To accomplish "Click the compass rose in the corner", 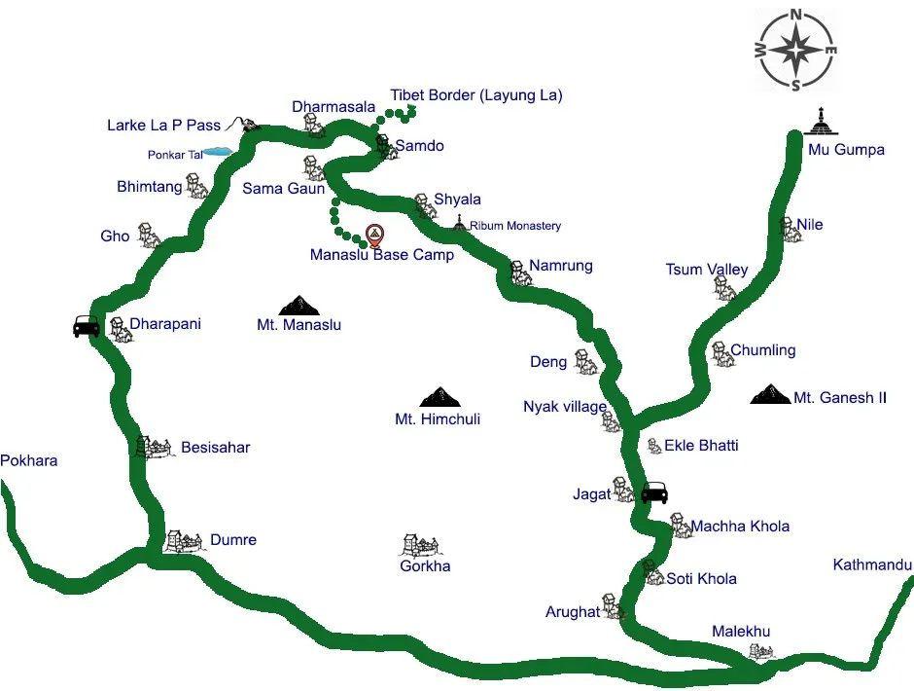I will pyautogui.click(x=796, y=49).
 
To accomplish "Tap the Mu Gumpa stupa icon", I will pyautogui.click(x=823, y=122).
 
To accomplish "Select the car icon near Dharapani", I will pyautogui.click(x=87, y=326).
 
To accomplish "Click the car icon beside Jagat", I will pyautogui.click(x=654, y=492).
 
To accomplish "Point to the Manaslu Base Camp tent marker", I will pyautogui.click(x=374, y=235).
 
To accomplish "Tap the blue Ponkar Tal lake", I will pyautogui.click(x=216, y=152).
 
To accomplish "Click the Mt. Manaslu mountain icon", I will pyautogui.click(x=298, y=305).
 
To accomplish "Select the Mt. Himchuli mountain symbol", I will pyautogui.click(x=439, y=396).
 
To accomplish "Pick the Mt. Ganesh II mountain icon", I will pyautogui.click(x=771, y=394).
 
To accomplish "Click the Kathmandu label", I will pyautogui.click(x=872, y=565).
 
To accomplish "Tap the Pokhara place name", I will pyautogui.click(x=29, y=460).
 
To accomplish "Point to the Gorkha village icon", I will pyautogui.click(x=421, y=545).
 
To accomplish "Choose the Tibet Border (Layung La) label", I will pyautogui.click(x=476, y=95).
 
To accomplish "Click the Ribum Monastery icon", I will pyautogui.click(x=460, y=224).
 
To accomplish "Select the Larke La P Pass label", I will pyautogui.click(x=164, y=126).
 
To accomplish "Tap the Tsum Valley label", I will pyautogui.click(x=707, y=270).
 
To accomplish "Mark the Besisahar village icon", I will pyautogui.click(x=155, y=447).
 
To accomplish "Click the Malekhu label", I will pyautogui.click(x=741, y=632).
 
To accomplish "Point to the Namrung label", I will pyautogui.click(x=561, y=266).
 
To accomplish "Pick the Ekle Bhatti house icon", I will pyautogui.click(x=654, y=446).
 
